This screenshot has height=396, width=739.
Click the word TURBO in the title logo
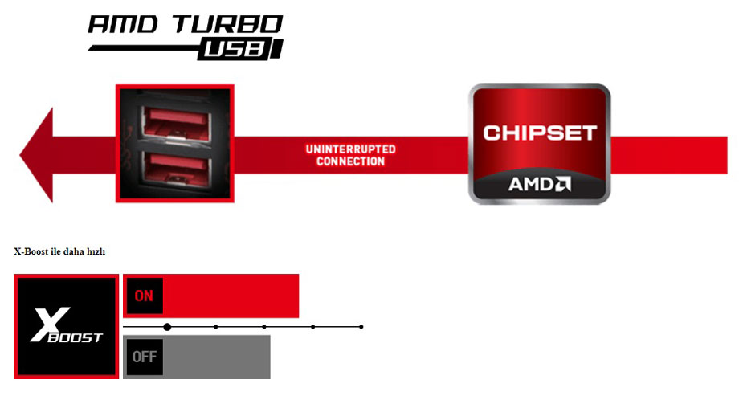(x=227, y=24)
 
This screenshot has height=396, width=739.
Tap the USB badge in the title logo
(x=240, y=49)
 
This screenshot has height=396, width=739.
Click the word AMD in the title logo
(x=124, y=25)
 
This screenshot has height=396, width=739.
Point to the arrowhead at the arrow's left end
(x=36, y=155)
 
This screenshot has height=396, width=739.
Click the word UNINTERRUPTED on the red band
(x=351, y=149)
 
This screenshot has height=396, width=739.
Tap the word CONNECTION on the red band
(x=351, y=161)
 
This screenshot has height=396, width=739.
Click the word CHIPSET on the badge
(x=540, y=133)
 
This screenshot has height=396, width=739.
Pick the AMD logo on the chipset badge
(x=539, y=184)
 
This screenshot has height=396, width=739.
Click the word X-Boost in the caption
(x=31, y=251)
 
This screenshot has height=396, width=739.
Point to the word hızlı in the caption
(x=96, y=251)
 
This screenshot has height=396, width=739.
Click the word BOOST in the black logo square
(x=76, y=337)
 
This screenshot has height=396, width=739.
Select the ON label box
(x=144, y=296)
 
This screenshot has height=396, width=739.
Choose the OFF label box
(x=145, y=357)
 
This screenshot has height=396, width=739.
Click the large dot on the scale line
(x=167, y=327)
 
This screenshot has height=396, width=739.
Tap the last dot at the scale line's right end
(x=361, y=327)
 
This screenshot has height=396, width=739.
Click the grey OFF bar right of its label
(x=217, y=357)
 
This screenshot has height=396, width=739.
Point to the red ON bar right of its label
(x=231, y=296)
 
